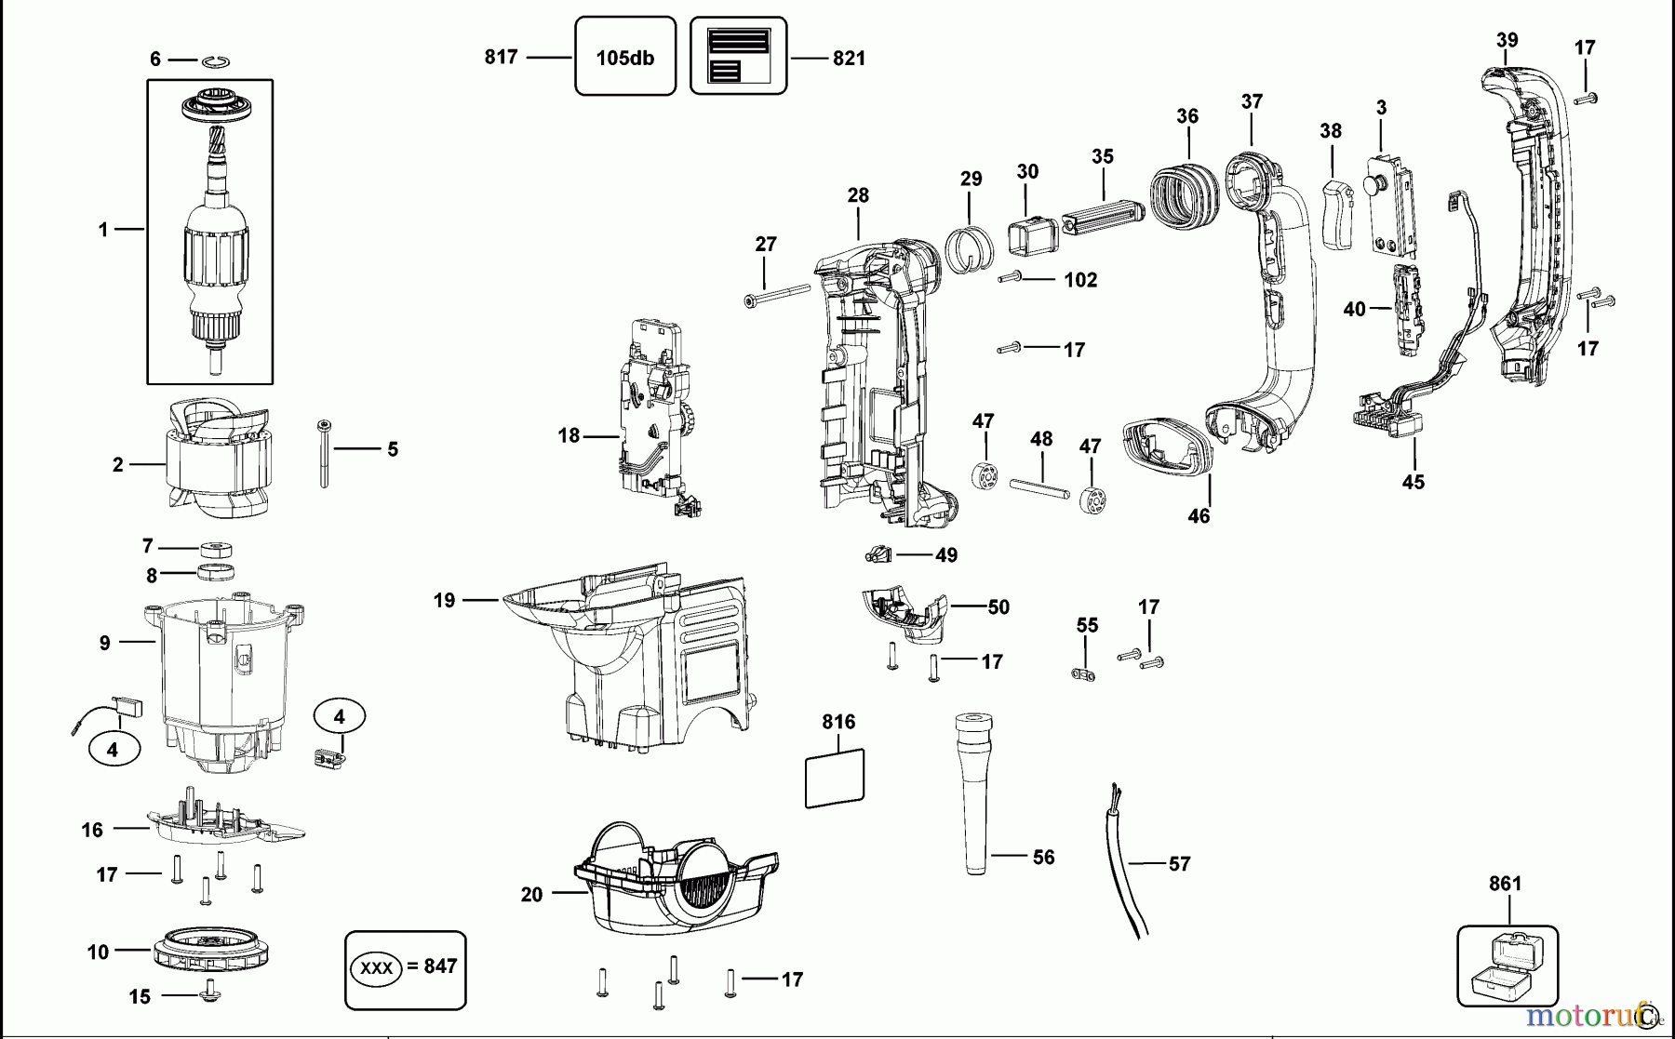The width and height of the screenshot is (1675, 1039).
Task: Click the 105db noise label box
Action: (x=624, y=57)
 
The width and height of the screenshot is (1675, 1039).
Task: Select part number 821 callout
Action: (x=848, y=58)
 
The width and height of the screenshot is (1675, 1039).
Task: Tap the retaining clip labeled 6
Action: (x=217, y=60)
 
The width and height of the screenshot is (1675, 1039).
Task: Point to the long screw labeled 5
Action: (x=324, y=454)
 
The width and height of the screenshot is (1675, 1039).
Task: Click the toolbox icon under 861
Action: (x=1506, y=967)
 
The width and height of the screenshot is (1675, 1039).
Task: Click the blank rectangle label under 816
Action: (x=834, y=777)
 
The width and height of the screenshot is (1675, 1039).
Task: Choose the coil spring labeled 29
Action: (x=970, y=246)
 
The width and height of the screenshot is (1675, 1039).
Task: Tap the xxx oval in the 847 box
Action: (x=377, y=968)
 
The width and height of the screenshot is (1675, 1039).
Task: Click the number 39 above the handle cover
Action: (x=1507, y=40)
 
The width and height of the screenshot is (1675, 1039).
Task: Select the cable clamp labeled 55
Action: (x=1085, y=674)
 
